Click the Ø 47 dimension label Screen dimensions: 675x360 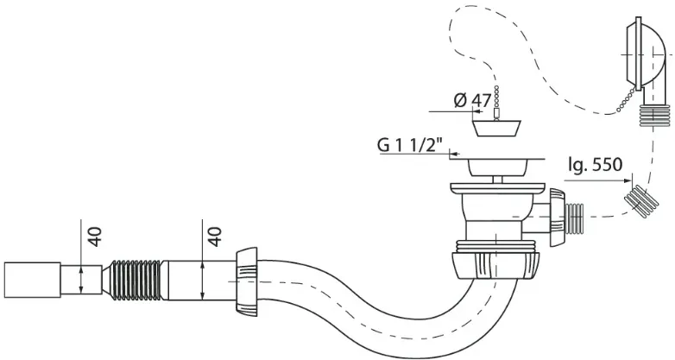472,100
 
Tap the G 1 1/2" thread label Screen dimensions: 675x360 410,145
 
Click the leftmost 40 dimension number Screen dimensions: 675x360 96,237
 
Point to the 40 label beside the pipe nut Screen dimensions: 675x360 215,237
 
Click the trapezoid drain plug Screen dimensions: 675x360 497,129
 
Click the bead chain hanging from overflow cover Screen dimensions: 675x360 625,100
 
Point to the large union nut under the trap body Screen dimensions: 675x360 495,266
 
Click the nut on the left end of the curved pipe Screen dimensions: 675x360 246,281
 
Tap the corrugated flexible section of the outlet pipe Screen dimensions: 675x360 135,280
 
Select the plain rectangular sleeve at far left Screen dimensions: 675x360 32,280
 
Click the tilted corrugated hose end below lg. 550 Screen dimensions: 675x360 641,200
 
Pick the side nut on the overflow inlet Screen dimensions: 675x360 556,217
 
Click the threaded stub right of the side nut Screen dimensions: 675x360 574,218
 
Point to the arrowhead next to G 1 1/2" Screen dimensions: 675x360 454,154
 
